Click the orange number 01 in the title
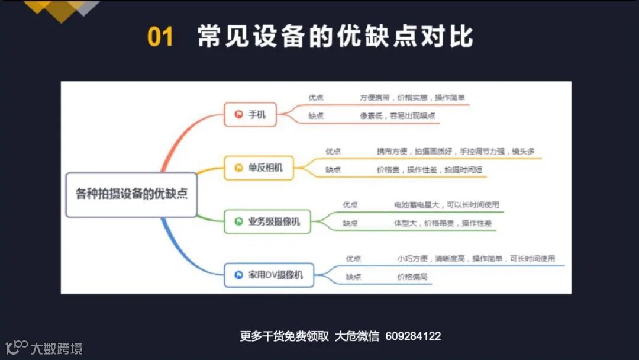[x=160, y=37]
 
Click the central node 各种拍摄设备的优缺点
[x=131, y=194]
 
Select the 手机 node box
[x=250, y=114]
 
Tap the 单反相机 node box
[x=259, y=168]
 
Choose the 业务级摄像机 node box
[x=267, y=221]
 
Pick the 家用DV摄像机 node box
[x=269, y=275]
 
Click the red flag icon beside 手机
[x=239, y=114]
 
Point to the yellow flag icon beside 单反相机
[x=239, y=168]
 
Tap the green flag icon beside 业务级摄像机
[x=239, y=221]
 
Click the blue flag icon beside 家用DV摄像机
[x=239, y=275]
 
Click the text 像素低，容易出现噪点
[x=397, y=116]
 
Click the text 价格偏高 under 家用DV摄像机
[x=412, y=277]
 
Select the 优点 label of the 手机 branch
[x=316, y=98]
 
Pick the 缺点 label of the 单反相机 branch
[x=333, y=170]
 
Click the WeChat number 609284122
[x=413, y=336]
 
